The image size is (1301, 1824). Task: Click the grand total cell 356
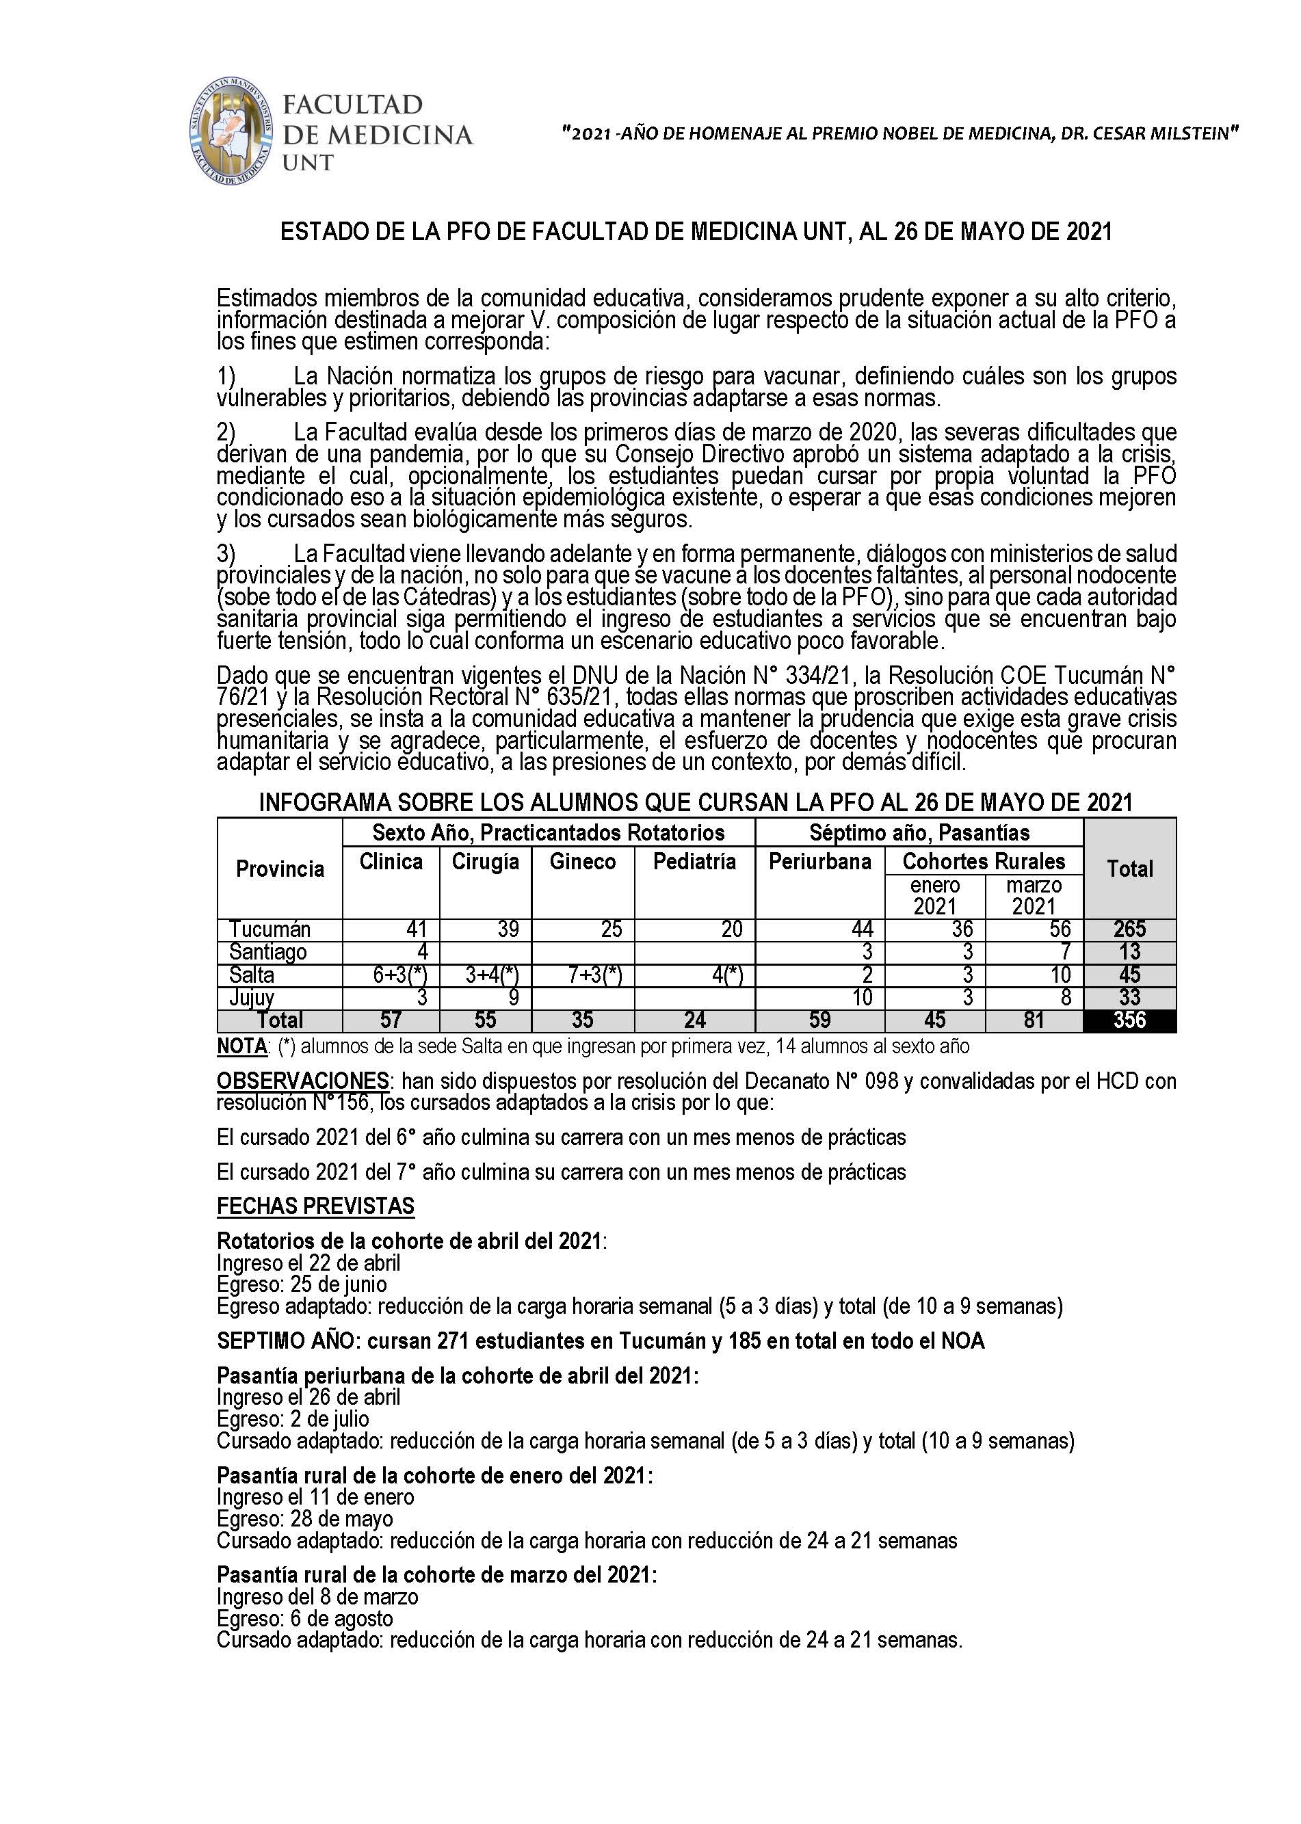(x=1129, y=1020)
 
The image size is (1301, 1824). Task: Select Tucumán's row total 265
(x=1129, y=929)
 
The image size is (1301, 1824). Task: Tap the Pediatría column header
(x=694, y=862)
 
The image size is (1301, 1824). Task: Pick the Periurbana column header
(x=819, y=862)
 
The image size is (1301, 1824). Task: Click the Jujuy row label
(x=252, y=997)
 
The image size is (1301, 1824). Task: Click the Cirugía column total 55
(x=486, y=1020)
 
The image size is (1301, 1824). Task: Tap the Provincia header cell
(x=280, y=869)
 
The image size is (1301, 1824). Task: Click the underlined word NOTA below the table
(x=242, y=1046)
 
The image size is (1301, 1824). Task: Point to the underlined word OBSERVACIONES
(x=302, y=1081)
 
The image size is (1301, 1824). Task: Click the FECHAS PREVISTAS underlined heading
(x=315, y=1206)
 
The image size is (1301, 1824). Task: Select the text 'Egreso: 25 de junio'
(x=302, y=1285)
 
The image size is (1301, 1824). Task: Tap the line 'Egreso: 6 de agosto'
(x=304, y=1618)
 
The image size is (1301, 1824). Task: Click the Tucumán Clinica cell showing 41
(x=416, y=929)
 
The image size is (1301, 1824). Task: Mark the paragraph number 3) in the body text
(x=226, y=553)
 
